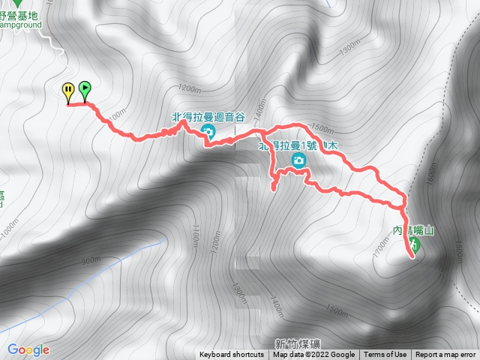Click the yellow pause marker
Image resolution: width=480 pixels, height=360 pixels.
pos(68,91)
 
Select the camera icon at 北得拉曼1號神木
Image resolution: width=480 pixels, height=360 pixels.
pos(298,160)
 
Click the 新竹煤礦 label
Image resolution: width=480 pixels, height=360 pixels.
pos(297,344)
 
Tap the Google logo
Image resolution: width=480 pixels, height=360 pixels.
pos(28,349)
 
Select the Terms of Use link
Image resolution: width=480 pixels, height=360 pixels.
pos(385,355)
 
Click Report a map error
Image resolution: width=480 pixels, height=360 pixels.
pos(445,355)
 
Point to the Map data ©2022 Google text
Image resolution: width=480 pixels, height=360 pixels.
pos(313,355)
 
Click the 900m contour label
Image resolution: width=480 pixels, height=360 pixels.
pos(89,260)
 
